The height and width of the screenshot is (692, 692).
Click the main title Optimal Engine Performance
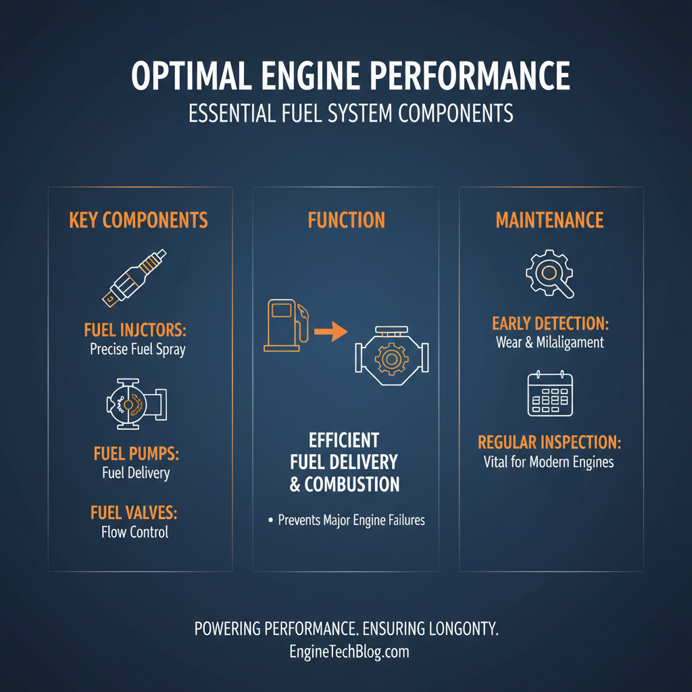[x=350, y=77]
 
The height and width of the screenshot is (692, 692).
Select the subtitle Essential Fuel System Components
[x=350, y=113]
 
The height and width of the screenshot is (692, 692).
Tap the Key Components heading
[x=139, y=220]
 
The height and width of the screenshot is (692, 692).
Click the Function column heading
[x=346, y=220]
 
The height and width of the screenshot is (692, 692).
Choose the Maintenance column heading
[x=549, y=220]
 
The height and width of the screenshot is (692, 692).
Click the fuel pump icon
[x=135, y=404]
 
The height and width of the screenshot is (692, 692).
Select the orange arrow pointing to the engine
[x=331, y=331]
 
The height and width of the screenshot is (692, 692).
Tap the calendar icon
[x=549, y=394]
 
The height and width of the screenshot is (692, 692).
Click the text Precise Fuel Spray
[x=137, y=349]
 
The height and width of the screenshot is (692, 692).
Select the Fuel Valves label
[x=134, y=513]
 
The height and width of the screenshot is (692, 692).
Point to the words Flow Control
[x=134, y=532]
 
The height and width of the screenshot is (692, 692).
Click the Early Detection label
[x=549, y=324]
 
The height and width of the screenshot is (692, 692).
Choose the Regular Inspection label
[x=549, y=443]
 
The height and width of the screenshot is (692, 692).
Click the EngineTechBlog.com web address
[x=347, y=652]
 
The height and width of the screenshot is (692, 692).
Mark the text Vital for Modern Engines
[x=548, y=462]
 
